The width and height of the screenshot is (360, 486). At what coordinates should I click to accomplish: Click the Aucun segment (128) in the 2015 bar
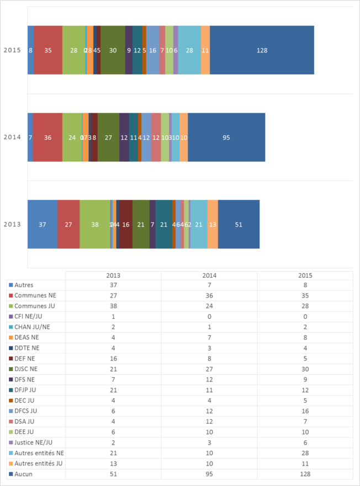tap(262, 50)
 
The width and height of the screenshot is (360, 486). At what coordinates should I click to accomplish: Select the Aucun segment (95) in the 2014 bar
tap(226, 138)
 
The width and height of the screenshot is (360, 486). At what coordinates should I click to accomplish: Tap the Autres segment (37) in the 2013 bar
tap(43, 224)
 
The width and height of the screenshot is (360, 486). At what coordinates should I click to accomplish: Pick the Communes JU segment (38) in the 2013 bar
tap(95, 224)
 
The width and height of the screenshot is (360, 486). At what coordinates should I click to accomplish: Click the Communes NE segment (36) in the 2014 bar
tap(47, 138)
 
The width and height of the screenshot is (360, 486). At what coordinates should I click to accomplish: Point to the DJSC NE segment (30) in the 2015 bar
tap(113, 50)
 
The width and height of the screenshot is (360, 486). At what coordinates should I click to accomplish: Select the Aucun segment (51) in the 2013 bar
tap(239, 224)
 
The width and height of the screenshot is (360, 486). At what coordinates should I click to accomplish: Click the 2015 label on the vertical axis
tap(12, 50)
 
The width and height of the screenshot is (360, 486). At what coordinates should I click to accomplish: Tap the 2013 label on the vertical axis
tap(12, 224)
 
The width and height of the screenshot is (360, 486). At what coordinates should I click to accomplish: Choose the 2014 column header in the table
tap(209, 275)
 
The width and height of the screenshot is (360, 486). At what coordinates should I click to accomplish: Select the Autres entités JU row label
tap(39, 463)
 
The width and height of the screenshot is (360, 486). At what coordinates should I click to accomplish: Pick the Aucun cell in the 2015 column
tap(305, 474)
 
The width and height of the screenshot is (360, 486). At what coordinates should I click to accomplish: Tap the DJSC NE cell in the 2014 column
tap(209, 369)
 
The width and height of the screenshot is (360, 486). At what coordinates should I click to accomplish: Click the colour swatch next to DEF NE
tap(10, 359)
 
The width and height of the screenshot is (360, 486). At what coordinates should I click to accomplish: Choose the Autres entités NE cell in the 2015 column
tap(305, 453)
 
